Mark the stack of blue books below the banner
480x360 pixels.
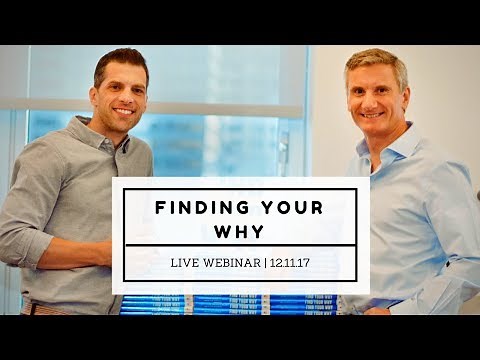pos(230,304)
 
